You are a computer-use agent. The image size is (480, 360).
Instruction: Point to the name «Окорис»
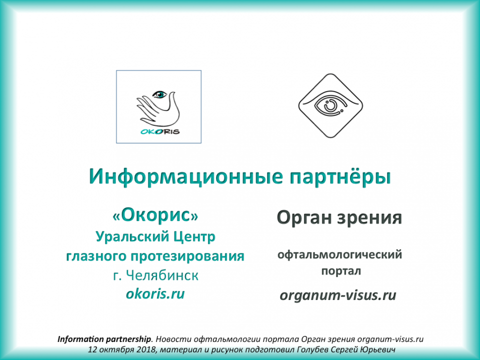155,215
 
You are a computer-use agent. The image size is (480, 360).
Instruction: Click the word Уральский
128,236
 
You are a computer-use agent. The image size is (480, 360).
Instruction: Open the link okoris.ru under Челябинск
155,293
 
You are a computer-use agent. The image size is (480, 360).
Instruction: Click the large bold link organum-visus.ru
338,295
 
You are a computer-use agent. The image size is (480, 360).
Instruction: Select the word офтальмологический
340,255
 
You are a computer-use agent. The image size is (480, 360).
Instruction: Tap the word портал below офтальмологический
340,271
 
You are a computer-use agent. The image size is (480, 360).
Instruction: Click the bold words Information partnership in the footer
104,338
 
